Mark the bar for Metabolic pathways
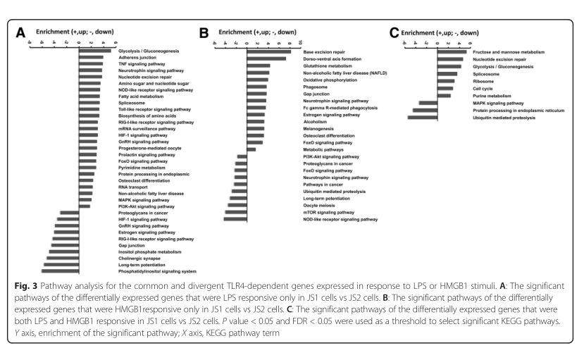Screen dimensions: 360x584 point(251,149)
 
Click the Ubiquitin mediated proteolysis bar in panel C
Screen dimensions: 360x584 point(422,117)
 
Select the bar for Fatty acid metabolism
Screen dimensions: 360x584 point(89,96)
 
